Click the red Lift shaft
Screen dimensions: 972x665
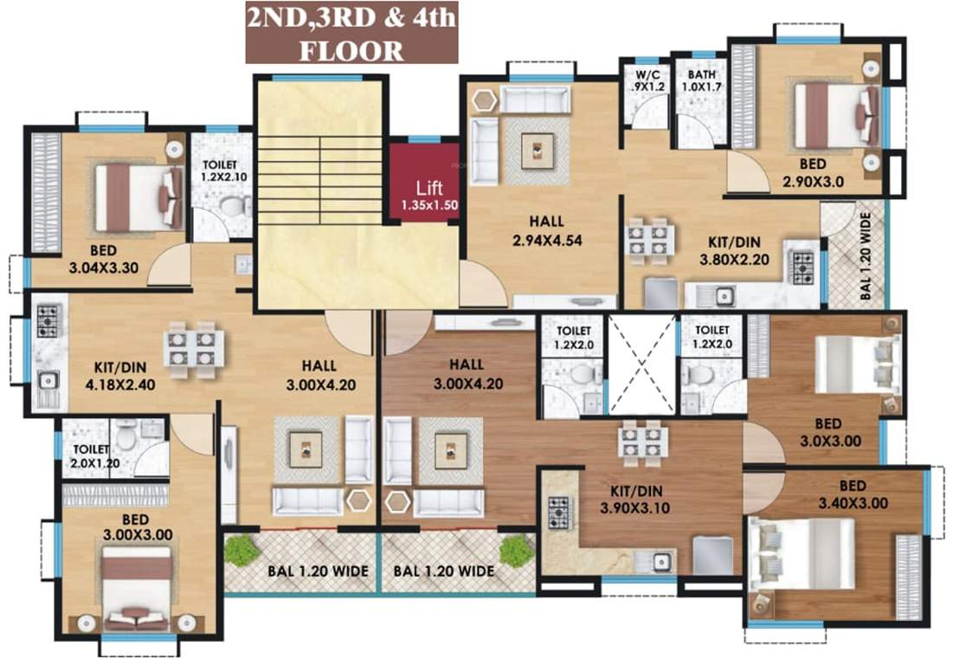pyautogui.click(x=424, y=184)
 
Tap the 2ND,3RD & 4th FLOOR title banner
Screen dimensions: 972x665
pyautogui.click(x=351, y=32)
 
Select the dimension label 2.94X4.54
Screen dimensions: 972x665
pyautogui.click(x=547, y=241)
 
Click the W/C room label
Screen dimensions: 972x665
pyautogui.click(x=647, y=75)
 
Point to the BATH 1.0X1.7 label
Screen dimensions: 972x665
pyautogui.click(x=702, y=81)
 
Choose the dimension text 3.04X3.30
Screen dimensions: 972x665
pyautogui.click(x=104, y=268)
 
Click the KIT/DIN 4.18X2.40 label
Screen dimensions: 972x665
pyautogui.click(x=120, y=376)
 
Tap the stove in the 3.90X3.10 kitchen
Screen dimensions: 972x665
pyautogui.click(x=560, y=513)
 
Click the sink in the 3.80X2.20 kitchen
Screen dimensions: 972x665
pyautogui.click(x=724, y=296)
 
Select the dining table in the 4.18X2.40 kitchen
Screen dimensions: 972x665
pyautogui.click(x=191, y=349)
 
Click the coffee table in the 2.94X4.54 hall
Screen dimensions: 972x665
pyautogui.click(x=537, y=151)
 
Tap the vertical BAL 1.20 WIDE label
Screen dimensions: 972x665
pyautogui.click(x=866, y=256)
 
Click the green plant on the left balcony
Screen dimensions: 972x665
pyautogui.click(x=241, y=549)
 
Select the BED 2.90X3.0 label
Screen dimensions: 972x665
pyautogui.click(x=812, y=173)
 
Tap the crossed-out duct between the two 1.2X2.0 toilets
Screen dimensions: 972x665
pyautogui.click(x=641, y=365)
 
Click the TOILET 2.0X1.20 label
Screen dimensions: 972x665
pyautogui.click(x=96, y=456)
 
